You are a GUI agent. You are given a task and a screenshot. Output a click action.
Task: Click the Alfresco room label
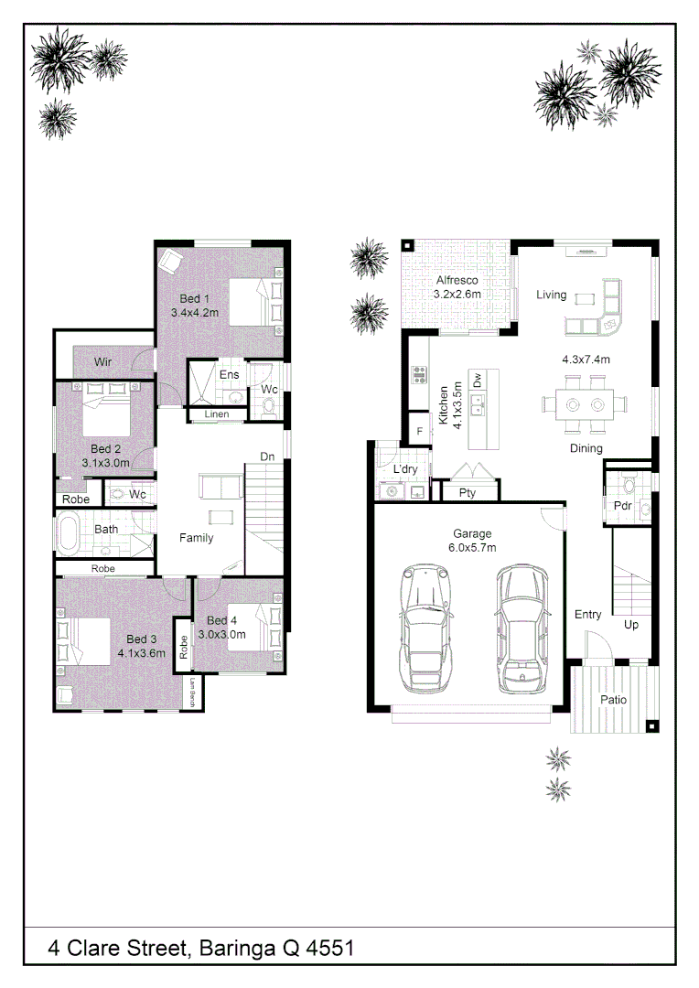tap(457, 280)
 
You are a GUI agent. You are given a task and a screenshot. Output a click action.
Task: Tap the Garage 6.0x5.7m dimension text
tap(472, 548)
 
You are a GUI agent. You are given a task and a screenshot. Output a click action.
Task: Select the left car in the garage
tap(426, 627)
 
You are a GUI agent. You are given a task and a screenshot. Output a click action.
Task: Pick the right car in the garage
tap(522, 628)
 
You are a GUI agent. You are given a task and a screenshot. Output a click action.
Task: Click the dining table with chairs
tap(585, 404)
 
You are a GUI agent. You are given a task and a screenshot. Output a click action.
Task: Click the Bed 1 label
tap(194, 298)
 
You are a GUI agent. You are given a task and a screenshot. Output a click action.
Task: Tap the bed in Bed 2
tap(106, 409)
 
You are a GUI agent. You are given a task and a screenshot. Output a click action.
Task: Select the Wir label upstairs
tap(102, 361)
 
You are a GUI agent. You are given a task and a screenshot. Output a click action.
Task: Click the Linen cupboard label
tap(216, 414)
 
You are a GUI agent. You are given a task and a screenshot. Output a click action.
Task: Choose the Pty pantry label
tap(467, 493)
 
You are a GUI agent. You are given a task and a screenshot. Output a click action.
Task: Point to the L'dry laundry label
tap(405, 468)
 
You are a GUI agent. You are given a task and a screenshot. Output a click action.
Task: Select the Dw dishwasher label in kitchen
tap(478, 380)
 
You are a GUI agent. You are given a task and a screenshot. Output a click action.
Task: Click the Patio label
tap(613, 700)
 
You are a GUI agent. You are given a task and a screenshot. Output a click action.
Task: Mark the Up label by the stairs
tap(631, 625)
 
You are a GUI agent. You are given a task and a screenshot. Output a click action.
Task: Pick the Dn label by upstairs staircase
tap(267, 456)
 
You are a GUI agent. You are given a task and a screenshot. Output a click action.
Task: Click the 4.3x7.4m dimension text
tap(586, 360)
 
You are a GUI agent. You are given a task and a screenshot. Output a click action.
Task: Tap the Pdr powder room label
tap(623, 505)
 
